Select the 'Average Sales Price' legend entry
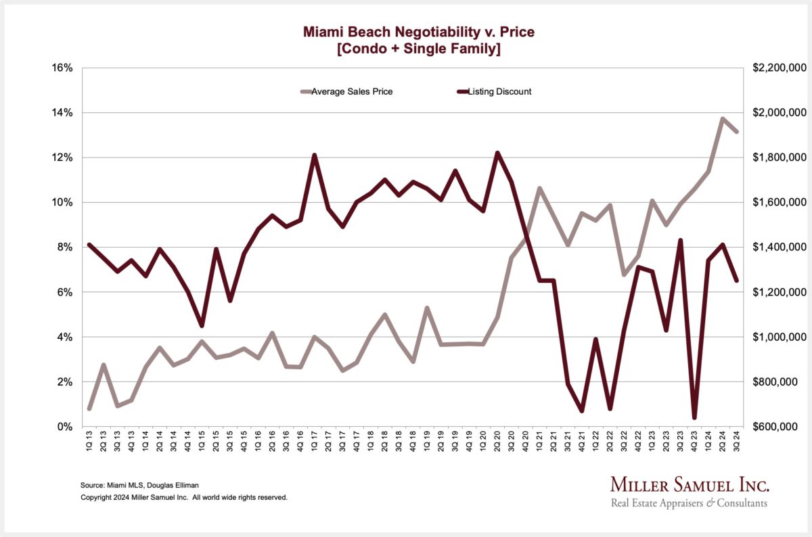click(351, 91)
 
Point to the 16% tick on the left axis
click(62, 68)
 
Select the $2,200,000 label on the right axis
click(778, 68)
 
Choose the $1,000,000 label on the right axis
click(778, 337)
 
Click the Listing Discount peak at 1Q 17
click(314, 156)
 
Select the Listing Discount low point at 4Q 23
click(694, 417)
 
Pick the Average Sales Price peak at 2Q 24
click(723, 119)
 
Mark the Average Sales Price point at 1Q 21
click(539, 189)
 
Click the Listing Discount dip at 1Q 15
click(202, 325)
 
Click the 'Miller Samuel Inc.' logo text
click(690, 485)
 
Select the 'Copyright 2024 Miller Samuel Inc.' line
click(184, 497)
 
